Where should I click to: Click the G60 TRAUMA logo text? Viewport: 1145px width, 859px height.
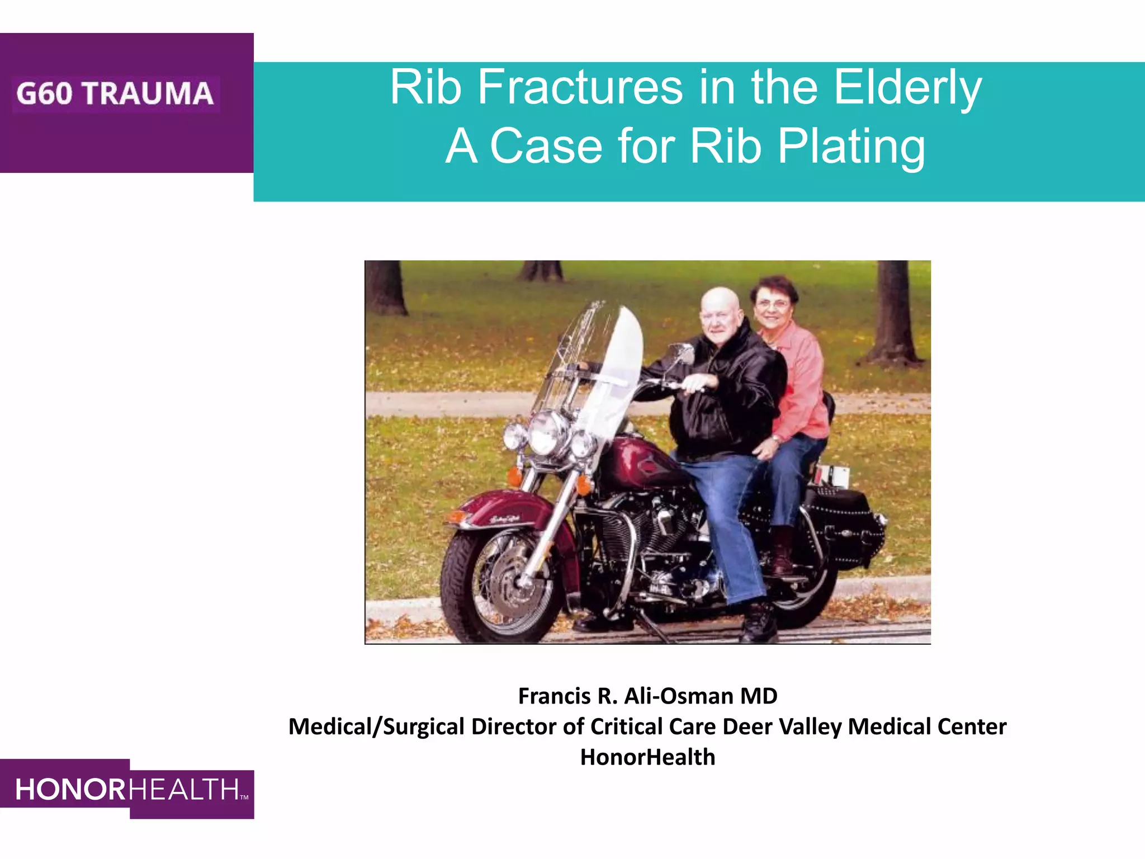coord(115,93)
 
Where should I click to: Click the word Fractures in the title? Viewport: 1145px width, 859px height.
coord(580,88)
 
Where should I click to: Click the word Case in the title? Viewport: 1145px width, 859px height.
coord(546,147)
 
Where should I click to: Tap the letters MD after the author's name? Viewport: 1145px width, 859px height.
coord(759,696)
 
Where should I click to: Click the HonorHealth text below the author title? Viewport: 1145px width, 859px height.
coord(647,757)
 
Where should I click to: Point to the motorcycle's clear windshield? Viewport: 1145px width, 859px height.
coord(604,358)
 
